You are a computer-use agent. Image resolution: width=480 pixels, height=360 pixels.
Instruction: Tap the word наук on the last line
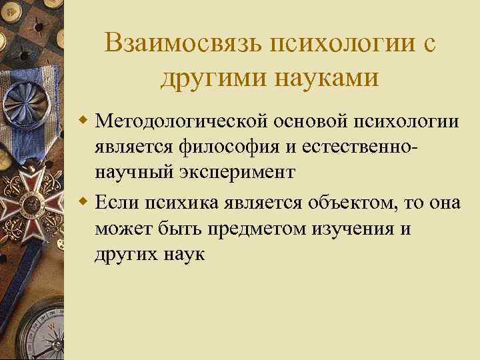tap(185, 253)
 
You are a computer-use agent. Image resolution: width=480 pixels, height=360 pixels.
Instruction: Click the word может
tap(121, 229)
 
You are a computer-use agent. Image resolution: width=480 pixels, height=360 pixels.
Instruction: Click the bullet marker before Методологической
tap(84, 121)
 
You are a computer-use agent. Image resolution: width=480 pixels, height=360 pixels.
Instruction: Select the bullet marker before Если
tap(84, 203)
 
